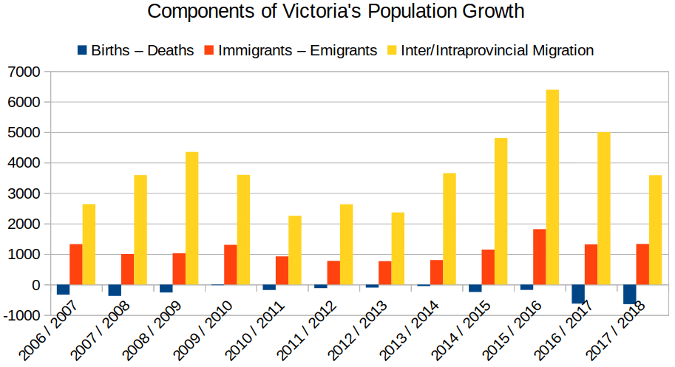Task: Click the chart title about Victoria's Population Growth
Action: click(336, 12)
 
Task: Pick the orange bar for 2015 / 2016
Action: click(540, 257)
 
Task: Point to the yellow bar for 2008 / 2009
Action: click(191, 218)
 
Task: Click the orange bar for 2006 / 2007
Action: click(76, 264)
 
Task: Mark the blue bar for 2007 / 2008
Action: click(115, 290)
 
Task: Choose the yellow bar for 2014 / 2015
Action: click(501, 211)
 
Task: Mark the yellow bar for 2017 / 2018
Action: click(655, 230)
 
